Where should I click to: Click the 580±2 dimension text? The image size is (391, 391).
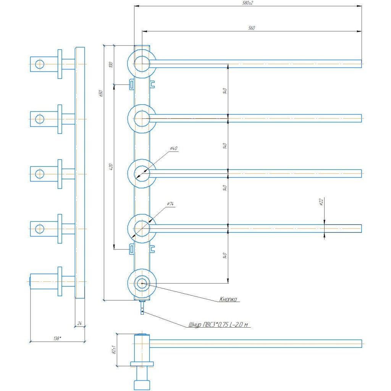click(247, 3)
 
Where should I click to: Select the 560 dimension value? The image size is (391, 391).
click(252, 28)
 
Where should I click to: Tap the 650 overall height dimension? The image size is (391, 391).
click(101, 93)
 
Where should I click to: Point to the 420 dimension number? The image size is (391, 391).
click(111, 167)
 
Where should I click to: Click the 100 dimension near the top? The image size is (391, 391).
click(111, 65)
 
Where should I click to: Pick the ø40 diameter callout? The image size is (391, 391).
click(174, 149)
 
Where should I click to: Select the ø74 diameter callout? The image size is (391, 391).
click(170, 204)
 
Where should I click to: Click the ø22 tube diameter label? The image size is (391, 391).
click(321, 202)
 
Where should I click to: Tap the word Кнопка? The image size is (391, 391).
click(228, 299)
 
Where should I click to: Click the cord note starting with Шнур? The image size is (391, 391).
click(218, 325)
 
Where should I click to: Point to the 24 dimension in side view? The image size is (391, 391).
click(79, 323)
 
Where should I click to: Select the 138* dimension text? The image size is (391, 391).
click(57, 338)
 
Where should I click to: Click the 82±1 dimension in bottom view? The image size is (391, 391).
click(114, 350)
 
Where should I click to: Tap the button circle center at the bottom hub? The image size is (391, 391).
click(142, 283)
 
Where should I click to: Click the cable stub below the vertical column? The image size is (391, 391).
click(142, 308)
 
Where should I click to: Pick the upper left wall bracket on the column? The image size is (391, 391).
click(132, 84)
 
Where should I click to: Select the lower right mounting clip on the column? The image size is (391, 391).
click(152, 249)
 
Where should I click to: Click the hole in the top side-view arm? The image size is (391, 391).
click(40, 64)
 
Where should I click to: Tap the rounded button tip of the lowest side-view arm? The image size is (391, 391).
click(30, 281)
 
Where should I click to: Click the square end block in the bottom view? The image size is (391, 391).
click(142, 385)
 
